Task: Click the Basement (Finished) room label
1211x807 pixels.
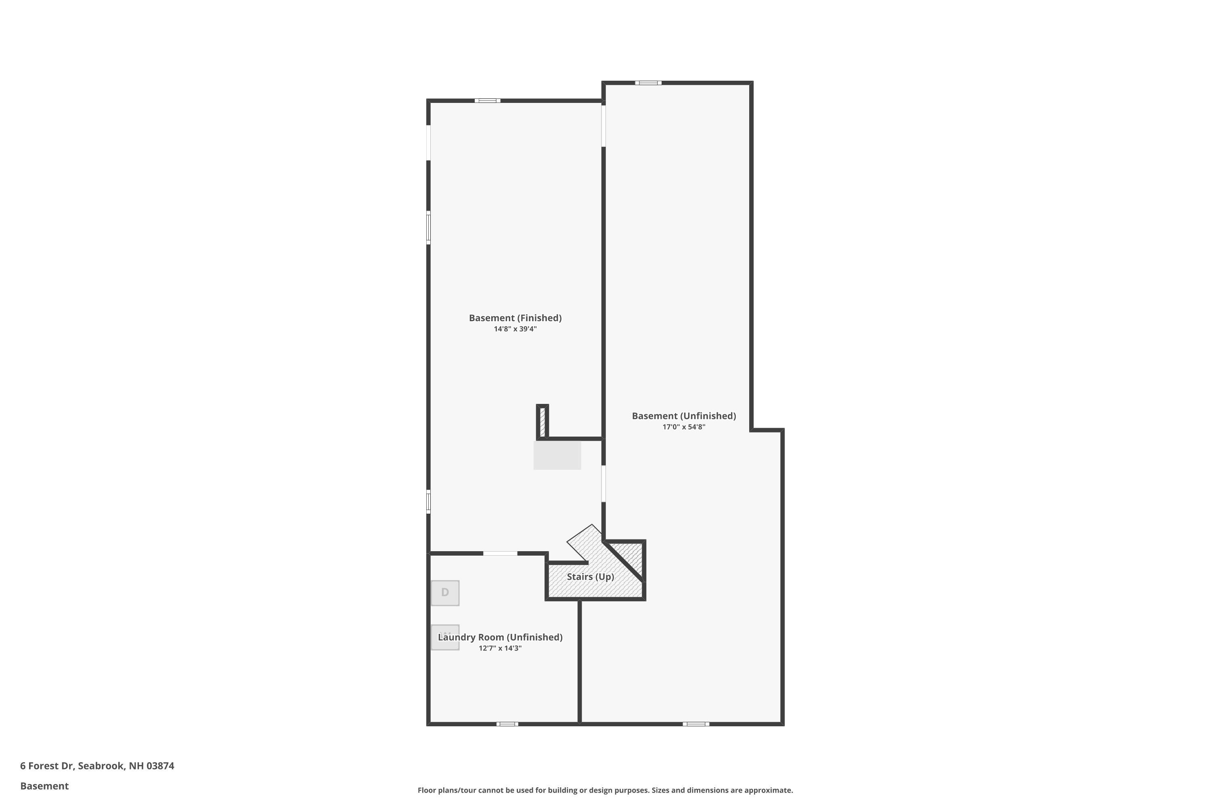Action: point(515,318)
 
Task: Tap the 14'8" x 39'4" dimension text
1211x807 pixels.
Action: point(515,329)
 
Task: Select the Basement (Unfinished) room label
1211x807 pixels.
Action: point(684,416)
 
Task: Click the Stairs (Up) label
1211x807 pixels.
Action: point(590,577)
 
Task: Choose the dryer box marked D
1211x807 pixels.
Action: point(445,593)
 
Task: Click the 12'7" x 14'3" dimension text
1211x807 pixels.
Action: point(500,648)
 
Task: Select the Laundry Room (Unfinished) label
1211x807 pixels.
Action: point(500,637)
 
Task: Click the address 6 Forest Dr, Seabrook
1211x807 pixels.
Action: point(97,766)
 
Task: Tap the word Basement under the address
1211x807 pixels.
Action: point(44,786)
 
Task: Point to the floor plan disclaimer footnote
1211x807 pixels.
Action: point(605,790)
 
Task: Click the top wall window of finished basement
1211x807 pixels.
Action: point(487,101)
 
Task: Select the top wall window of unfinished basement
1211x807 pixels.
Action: point(648,83)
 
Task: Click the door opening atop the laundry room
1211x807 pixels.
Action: point(500,553)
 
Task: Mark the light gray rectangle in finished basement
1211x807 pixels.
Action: point(557,456)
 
